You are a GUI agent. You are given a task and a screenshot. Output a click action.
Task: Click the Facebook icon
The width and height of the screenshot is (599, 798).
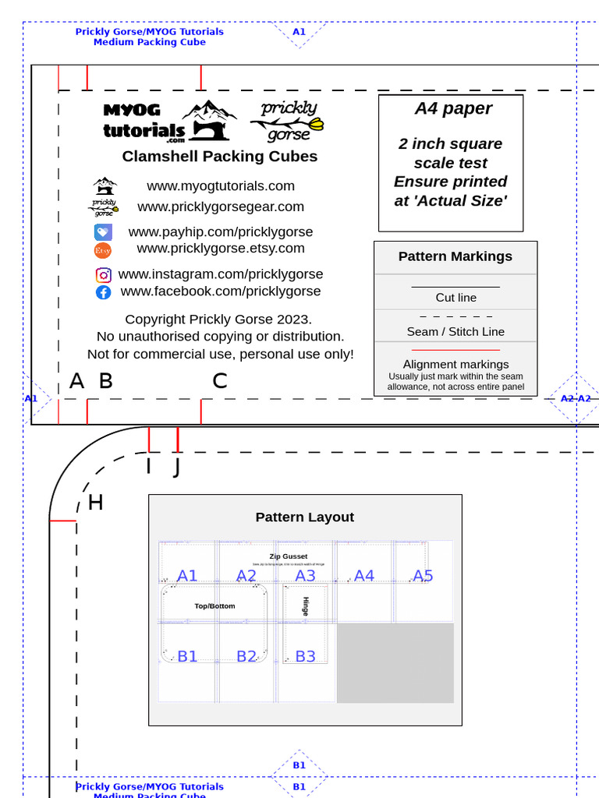pyautogui.click(x=104, y=292)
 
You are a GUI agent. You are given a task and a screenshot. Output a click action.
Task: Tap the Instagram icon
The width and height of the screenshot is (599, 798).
pyautogui.click(x=104, y=275)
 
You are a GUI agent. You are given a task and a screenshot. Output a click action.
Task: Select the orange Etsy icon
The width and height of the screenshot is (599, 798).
pyautogui.click(x=103, y=250)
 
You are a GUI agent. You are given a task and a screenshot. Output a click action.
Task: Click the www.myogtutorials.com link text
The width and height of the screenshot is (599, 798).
pyautogui.click(x=221, y=186)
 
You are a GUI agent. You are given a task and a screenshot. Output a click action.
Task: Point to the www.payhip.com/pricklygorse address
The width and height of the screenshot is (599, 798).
pyautogui.click(x=221, y=232)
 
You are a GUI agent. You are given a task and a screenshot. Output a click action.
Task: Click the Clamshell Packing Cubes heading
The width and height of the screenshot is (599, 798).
pyautogui.click(x=220, y=157)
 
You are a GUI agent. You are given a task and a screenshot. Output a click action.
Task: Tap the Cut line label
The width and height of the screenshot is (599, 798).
pyautogui.click(x=456, y=298)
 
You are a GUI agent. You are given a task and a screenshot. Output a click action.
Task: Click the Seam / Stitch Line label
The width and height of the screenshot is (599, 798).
pyautogui.click(x=455, y=332)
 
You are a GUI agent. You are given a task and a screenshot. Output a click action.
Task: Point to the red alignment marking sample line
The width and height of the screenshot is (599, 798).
pyautogui.click(x=455, y=351)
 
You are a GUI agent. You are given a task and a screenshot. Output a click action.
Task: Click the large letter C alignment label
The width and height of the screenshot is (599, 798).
pyautogui.click(x=220, y=381)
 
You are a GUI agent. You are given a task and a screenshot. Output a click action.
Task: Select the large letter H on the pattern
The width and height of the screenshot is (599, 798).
pyautogui.click(x=95, y=503)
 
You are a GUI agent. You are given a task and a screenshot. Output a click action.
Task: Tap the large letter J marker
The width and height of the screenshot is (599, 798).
pyautogui.click(x=176, y=468)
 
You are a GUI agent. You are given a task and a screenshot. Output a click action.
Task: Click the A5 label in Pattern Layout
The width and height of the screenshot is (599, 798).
pyautogui.click(x=423, y=576)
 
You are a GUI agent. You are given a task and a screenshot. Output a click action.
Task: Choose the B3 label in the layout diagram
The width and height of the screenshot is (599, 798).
pyautogui.click(x=305, y=656)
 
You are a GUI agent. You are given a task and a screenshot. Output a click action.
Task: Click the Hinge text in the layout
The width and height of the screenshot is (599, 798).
pyautogui.click(x=306, y=606)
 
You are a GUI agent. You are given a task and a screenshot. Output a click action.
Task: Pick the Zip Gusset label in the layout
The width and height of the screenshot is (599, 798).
pyautogui.click(x=289, y=556)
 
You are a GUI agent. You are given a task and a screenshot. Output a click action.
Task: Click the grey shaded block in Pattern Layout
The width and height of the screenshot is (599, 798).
pyautogui.click(x=395, y=662)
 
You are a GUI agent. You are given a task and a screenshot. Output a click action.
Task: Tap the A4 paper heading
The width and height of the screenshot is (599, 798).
pyautogui.click(x=453, y=109)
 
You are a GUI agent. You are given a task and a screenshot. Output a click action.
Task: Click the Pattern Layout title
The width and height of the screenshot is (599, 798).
pyautogui.click(x=305, y=517)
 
